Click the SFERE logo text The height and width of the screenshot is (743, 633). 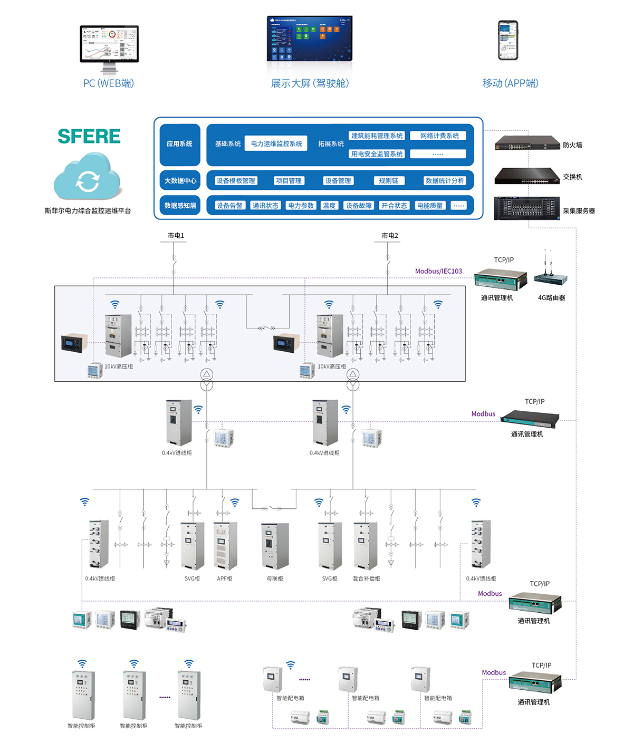[x=89, y=136]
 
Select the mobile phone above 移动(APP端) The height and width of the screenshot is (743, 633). [x=509, y=41]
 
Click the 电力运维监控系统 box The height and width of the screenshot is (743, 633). [x=276, y=143]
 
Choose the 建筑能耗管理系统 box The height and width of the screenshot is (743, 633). [x=377, y=136]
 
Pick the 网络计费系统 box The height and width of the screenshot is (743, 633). [x=439, y=136]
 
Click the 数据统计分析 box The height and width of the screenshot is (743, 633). [x=444, y=181]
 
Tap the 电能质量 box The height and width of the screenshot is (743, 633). [x=429, y=206]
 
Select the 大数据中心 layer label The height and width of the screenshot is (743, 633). [x=180, y=181]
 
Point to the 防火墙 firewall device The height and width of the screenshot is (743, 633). [x=527, y=143]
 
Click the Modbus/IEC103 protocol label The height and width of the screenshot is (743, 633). [x=438, y=271]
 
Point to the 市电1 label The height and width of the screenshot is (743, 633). [x=176, y=236]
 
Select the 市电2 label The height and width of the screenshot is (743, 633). [x=390, y=236]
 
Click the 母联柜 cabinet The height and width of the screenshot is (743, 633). [x=275, y=546]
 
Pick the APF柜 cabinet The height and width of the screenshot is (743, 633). [x=225, y=546]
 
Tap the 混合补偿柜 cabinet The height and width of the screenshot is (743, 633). [x=365, y=546]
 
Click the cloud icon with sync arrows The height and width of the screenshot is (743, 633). [x=88, y=177]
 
